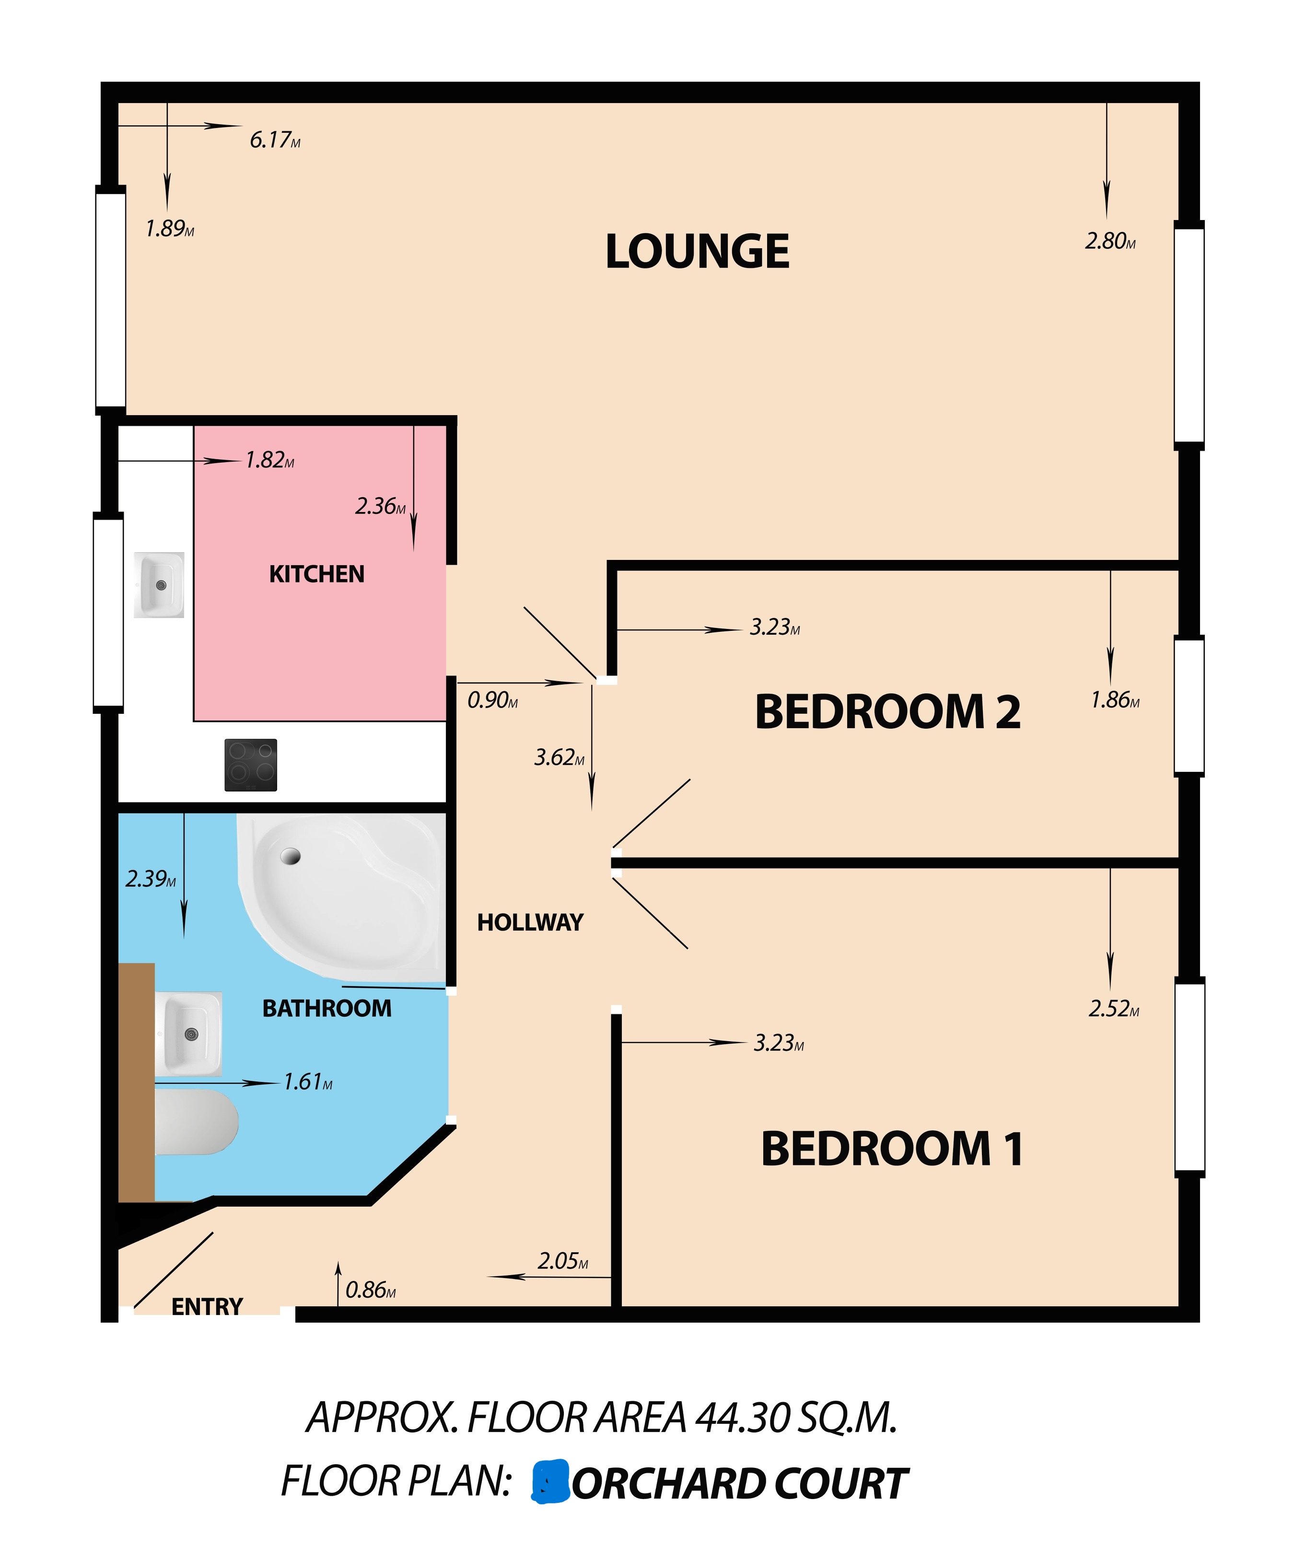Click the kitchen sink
tap(159, 585)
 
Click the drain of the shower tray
tap(290, 856)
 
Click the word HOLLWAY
tap(530, 922)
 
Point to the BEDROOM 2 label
tap(887, 712)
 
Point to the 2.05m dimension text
tap(562, 1261)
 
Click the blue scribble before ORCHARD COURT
tap(550, 1482)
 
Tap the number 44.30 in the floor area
tap(741, 1418)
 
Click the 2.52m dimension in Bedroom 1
tap(1113, 1009)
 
